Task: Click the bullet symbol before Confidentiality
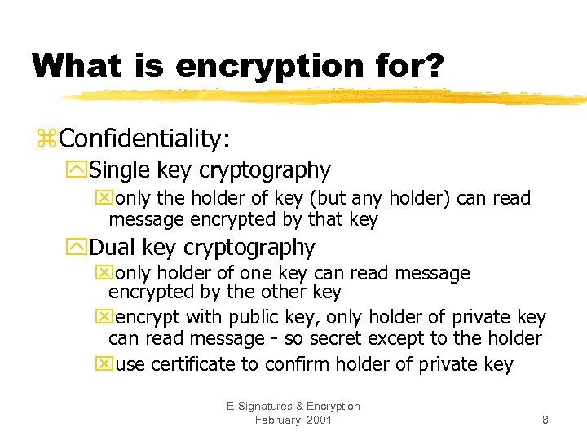(x=46, y=139)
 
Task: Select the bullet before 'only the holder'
(x=102, y=199)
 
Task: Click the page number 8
(x=545, y=420)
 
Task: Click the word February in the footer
(x=277, y=420)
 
